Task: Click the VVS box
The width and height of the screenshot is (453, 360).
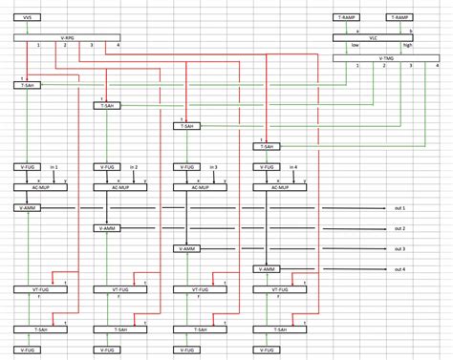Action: tap(27, 18)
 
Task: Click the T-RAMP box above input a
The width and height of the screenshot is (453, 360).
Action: tap(346, 18)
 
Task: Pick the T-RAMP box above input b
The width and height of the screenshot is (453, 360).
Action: tap(400, 18)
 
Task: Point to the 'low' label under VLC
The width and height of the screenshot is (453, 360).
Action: tap(355, 46)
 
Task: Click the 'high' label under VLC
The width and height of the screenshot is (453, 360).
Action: tap(408, 46)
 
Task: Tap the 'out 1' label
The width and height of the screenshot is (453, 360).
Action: tap(399, 208)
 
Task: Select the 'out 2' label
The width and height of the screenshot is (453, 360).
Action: tap(399, 229)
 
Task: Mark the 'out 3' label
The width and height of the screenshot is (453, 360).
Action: tap(399, 249)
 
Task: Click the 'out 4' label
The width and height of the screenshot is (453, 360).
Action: tap(399, 269)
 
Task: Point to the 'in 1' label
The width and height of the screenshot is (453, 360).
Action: tap(53, 167)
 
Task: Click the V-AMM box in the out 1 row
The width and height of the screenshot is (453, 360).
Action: tap(27, 208)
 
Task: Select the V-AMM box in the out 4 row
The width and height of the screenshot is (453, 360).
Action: tap(266, 269)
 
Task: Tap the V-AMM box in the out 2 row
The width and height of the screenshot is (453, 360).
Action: tap(106, 229)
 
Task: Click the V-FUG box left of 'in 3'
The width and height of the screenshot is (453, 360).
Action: tap(186, 167)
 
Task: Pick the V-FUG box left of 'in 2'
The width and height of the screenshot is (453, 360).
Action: tap(106, 167)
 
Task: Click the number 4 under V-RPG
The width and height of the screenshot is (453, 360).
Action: tap(118, 46)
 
